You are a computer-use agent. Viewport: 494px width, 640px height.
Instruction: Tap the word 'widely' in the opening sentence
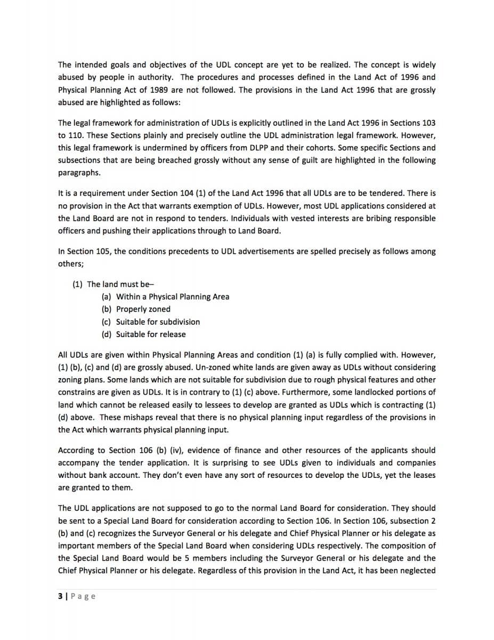point(423,65)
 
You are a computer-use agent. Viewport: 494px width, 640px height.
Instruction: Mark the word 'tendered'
point(371,193)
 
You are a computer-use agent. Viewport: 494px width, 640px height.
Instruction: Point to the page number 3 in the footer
point(60,596)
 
